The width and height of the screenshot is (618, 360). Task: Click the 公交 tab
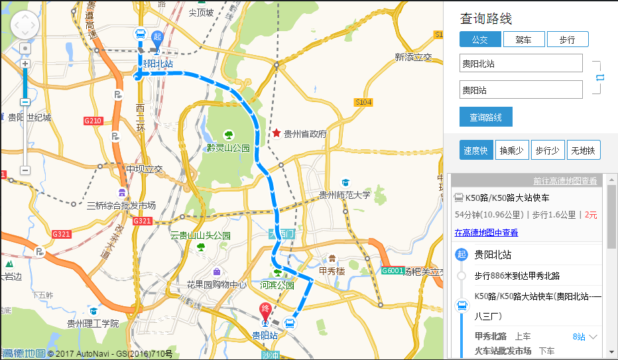pyautogui.click(x=479, y=40)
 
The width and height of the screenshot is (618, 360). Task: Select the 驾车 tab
pyautogui.click(x=523, y=40)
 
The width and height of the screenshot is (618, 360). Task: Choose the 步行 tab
pyautogui.click(x=568, y=40)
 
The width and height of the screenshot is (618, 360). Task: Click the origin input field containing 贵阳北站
pyautogui.click(x=521, y=64)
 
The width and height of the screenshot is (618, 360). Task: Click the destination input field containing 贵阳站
pyautogui.click(x=521, y=90)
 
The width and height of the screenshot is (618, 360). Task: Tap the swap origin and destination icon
pyautogui.click(x=600, y=78)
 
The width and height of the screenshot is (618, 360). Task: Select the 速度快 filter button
pyautogui.click(x=476, y=150)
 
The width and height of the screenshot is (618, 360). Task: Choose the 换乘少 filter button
pyautogui.click(x=511, y=150)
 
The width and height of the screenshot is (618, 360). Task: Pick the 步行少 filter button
pyautogui.click(x=548, y=150)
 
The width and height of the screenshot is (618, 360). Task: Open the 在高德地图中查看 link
pyautogui.click(x=486, y=233)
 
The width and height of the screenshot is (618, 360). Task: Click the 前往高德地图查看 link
pyautogui.click(x=565, y=181)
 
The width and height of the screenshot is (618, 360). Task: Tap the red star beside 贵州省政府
pyautogui.click(x=276, y=133)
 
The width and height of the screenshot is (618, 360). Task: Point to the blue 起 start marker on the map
pyautogui.click(x=157, y=38)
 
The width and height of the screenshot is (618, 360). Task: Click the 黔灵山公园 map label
pyautogui.click(x=227, y=147)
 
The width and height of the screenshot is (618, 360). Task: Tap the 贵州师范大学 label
pyautogui.click(x=345, y=195)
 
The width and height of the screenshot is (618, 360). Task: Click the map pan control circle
pyautogui.click(x=25, y=25)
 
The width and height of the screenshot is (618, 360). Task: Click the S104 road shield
pyautogui.click(x=363, y=102)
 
